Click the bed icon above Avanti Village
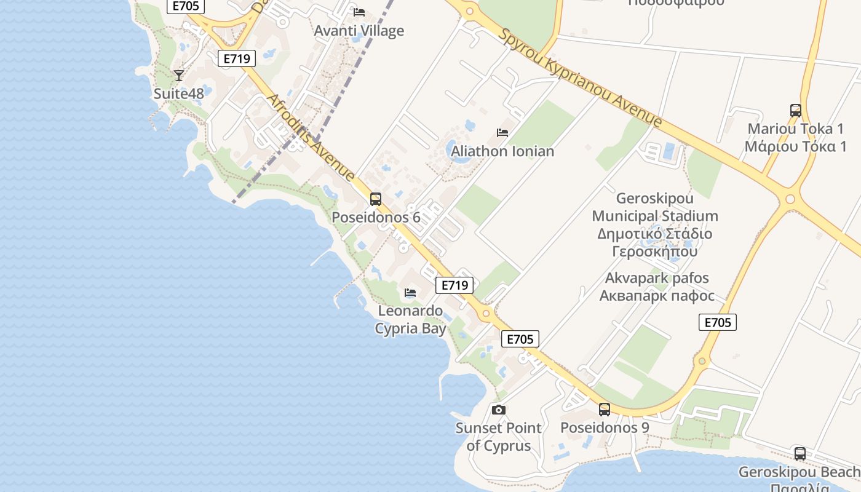(359, 12)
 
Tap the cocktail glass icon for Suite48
(178, 75)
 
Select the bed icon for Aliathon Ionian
(502, 132)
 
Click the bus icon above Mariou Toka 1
(795, 111)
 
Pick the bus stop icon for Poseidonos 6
(375, 199)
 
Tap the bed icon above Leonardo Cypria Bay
(410, 293)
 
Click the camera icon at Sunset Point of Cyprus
(498, 410)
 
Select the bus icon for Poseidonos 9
(605, 410)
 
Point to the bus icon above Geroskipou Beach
(799, 454)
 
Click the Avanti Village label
(359, 31)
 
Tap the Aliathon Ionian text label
(502, 151)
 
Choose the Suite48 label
(178, 94)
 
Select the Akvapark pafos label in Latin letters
(657, 278)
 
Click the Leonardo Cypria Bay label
(410, 320)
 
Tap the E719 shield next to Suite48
(237, 58)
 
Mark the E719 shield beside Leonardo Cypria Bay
(454, 285)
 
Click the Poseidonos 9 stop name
(605, 427)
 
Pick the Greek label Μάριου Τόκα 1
(795, 146)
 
